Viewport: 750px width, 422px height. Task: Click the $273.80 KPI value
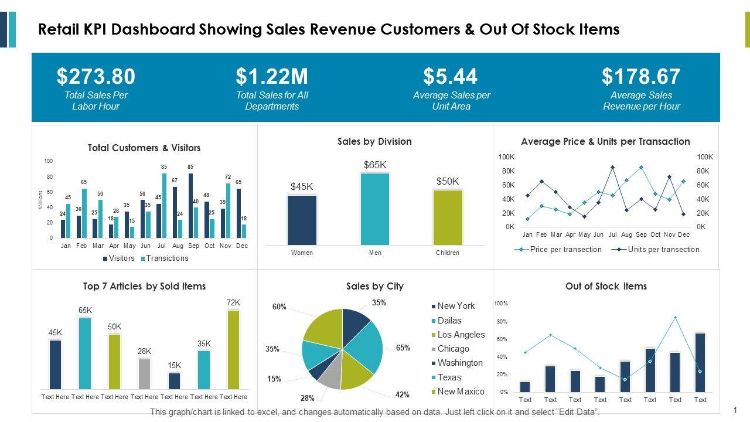pyautogui.click(x=96, y=77)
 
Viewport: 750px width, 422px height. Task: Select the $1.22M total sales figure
pyautogui.click(x=272, y=77)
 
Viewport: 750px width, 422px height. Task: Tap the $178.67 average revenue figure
pyautogui.click(x=641, y=77)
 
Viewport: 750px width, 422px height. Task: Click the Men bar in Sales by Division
pyautogui.click(x=375, y=209)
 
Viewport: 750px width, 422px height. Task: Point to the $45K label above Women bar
pyautogui.click(x=302, y=187)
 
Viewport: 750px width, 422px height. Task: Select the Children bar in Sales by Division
pyautogui.click(x=448, y=217)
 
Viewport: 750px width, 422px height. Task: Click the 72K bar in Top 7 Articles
pyautogui.click(x=234, y=349)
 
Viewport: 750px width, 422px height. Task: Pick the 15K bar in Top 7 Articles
pyautogui.click(x=174, y=380)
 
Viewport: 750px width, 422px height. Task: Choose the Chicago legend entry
pyautogui.click(x=453, y=349)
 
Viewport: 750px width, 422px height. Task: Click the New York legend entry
pyautogui.click(x=456, y=306)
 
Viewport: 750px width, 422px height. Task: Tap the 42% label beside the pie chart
pyautogui.click(x=402, y=394)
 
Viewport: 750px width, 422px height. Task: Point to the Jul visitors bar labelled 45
pyautogui.click(x=159, y=221)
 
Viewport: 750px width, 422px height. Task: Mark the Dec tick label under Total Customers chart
pyautogui.click(x=242, y=246)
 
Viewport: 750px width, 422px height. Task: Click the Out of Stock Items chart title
pyautogui.click(x=606, y=286)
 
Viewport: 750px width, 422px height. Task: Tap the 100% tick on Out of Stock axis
pyautogui.click(x=501, y=304)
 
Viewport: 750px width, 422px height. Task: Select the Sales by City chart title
pyautogui.click(x=374, y=286)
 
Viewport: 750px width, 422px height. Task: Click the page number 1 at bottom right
pyautogui.click(x=735, y=410)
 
